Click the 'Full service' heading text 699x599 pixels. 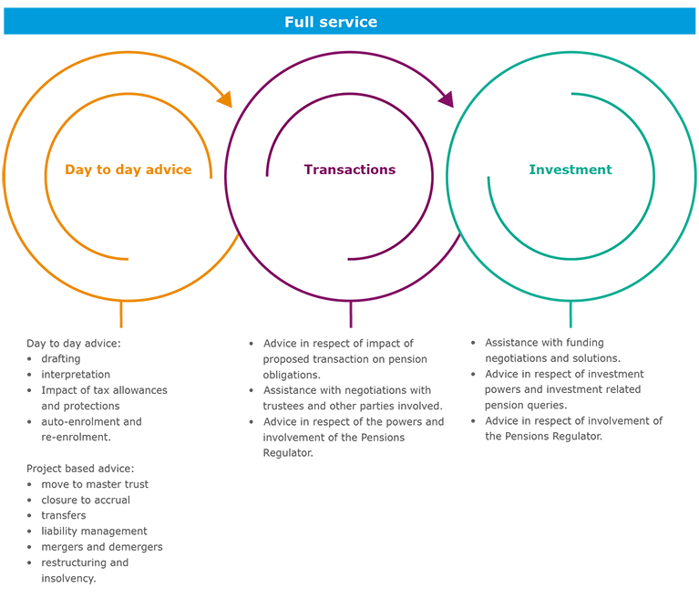point(330,22)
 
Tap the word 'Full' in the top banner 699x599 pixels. point(299,22)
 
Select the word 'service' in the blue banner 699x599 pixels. point(345,22)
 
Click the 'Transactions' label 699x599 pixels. point(350,170)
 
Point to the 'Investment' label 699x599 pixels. point(571,170)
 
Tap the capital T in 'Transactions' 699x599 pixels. point(308,170)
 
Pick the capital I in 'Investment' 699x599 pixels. point(531,170)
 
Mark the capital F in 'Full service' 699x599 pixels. point(289,22)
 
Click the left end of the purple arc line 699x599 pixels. point(267,175)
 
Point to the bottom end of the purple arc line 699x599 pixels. point(349,259)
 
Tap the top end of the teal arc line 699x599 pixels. point(571,94)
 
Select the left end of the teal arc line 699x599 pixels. point(488,176)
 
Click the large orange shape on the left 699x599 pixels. point(109,182)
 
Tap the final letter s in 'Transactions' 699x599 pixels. point(392,170)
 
